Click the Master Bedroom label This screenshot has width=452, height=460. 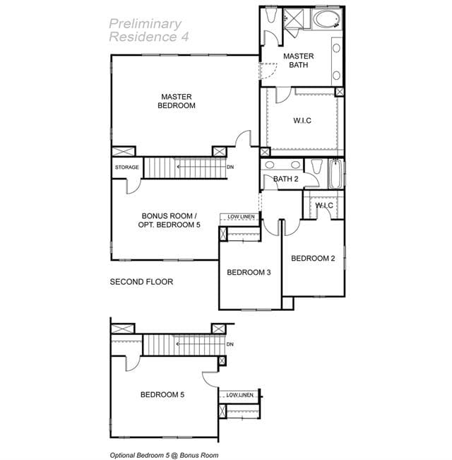pyautogui.click(x=177, y=101)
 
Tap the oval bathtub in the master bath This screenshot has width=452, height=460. pyautogui.click(x=327, y=19)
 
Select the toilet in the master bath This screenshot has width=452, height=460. pyautogui.click(x=270, y=15)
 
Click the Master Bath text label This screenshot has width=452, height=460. pyautogui.click(x=299, y=61)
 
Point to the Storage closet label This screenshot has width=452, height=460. pyautogui.click(x=127, y=167)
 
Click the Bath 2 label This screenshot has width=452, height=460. pyautogui.click(x=286, y=179)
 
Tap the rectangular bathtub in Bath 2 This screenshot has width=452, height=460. pyautogui.click(x=335, y=174)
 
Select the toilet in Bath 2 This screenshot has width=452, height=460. pyautogui.click(x=316, y=166)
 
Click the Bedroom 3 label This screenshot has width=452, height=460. pyautogui.click(x=249, y=272)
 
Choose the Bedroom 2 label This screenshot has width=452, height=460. pyautogui.click(x=313, y=258)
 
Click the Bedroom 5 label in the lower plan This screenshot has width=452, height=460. pyautogui.click(x=162, y=394)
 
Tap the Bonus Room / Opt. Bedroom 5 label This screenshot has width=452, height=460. pyautogui.click(x=169, y=220)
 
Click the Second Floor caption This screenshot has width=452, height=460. pyautogui.click(x=141, y=282)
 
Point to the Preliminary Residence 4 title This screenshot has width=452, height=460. pyautogui.click(x=149, y=30)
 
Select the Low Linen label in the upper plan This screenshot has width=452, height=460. pyautogui.click(x=241, y=216)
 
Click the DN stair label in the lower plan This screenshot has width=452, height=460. pyautogui.click(x=230, y=344)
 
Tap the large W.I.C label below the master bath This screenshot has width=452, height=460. pyautogui.click(x=302, y=120)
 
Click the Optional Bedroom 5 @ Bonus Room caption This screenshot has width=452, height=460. pyautogui.click(x=164, y=455)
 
